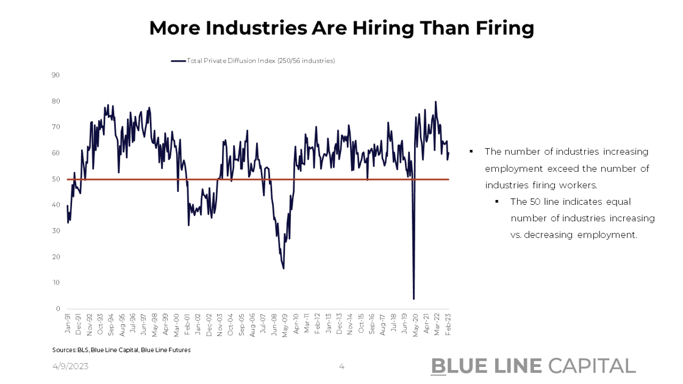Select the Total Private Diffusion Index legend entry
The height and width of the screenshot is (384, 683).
253,61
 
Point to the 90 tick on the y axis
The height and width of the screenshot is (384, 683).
55,75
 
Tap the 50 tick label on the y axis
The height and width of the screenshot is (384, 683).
55,179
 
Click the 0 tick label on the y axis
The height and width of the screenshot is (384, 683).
57,309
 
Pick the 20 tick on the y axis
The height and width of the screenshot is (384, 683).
55,257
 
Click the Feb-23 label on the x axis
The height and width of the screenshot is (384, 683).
449,322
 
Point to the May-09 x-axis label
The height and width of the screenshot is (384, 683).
284,322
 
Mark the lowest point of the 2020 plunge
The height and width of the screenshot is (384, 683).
413,299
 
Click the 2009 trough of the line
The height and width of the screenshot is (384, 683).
284,268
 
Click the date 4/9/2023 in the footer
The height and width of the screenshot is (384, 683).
70,366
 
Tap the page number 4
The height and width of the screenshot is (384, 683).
342,366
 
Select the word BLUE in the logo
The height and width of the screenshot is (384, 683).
457,366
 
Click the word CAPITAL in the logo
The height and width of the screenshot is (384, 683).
592,366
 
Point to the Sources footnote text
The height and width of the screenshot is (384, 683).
121,350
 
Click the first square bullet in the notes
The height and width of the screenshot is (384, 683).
471,151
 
